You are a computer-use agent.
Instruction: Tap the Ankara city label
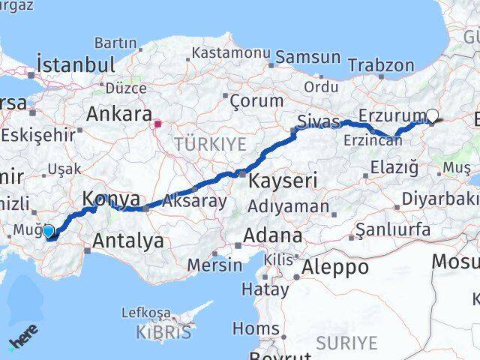119,114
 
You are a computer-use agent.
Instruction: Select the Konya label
110,199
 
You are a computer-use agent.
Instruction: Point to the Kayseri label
283,180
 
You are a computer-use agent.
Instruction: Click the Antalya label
128,241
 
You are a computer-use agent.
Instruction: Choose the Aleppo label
335,267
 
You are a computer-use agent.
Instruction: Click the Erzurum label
391,115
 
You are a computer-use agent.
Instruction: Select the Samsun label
307,58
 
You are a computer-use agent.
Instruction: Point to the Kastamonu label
230,53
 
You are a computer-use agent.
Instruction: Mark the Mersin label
214,265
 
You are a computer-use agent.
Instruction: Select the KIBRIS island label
164,331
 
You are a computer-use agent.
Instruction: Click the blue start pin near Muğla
49,232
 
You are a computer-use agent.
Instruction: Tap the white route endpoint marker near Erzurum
432,115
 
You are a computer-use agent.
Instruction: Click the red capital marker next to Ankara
158,124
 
